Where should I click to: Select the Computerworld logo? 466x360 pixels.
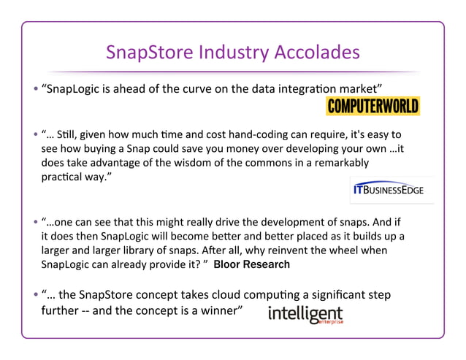(x=373, y=107)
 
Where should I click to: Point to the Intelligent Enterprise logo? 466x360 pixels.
(x=305, y=315)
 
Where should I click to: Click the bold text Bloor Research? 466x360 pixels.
(x=251, y=265)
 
